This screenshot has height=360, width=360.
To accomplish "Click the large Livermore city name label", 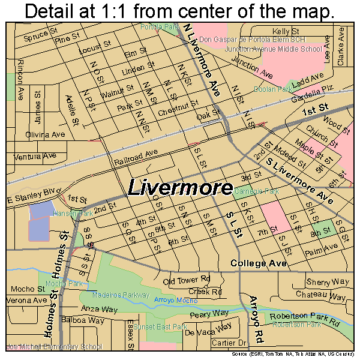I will coord(180,188).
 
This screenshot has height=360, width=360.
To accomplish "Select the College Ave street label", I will coord(259,263).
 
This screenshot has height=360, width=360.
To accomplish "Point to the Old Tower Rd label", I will coord(186,280).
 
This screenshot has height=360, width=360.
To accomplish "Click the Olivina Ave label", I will coord(44,134).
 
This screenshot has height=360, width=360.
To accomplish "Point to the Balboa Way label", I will coord(82,320).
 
